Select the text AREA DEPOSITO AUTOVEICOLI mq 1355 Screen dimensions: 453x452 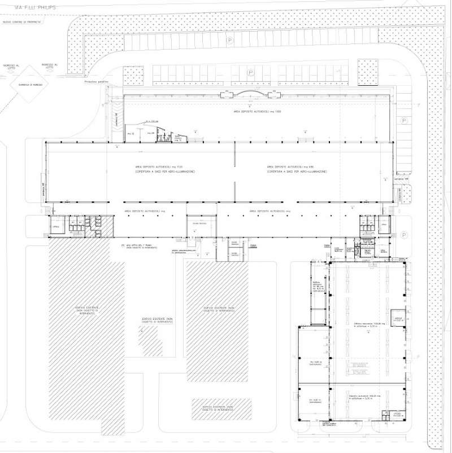(x=257, y=112)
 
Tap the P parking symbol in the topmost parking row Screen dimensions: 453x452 (x=230, y=41)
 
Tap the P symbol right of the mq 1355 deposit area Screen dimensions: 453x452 (x=403, y=121)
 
